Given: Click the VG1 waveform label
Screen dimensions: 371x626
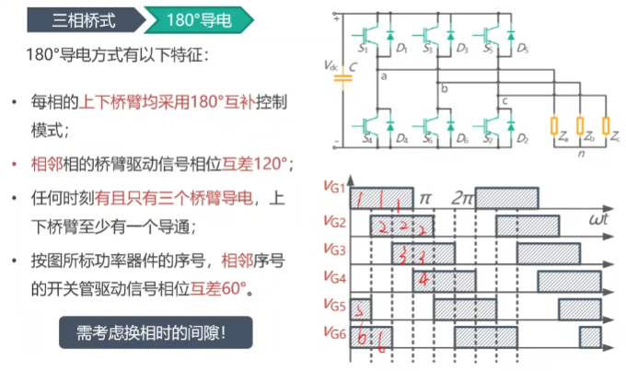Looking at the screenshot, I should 334,187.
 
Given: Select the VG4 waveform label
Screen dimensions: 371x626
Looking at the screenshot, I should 334,276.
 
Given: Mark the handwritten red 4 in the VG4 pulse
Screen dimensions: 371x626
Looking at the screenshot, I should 423,278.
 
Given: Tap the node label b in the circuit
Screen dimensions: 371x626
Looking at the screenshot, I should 444,89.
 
